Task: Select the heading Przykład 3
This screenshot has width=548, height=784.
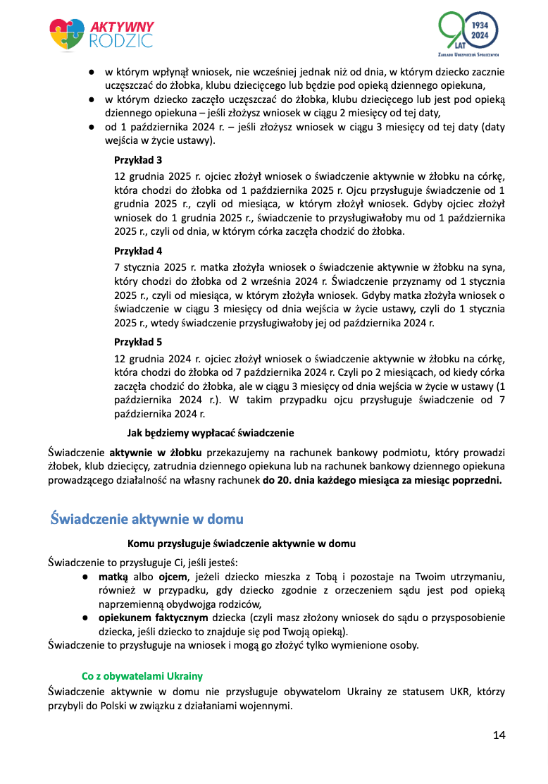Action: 138,159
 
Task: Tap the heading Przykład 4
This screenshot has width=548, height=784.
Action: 138,250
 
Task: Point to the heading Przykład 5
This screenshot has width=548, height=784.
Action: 138,341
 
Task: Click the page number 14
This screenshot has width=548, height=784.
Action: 499,735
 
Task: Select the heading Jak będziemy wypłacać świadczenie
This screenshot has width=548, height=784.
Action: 210,432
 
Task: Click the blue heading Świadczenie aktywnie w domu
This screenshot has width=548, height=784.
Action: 147,520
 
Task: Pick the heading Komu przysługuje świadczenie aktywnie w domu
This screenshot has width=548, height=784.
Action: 241,544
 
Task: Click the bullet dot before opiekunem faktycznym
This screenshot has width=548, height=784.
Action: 84,618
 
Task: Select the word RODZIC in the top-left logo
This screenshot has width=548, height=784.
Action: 120,41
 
